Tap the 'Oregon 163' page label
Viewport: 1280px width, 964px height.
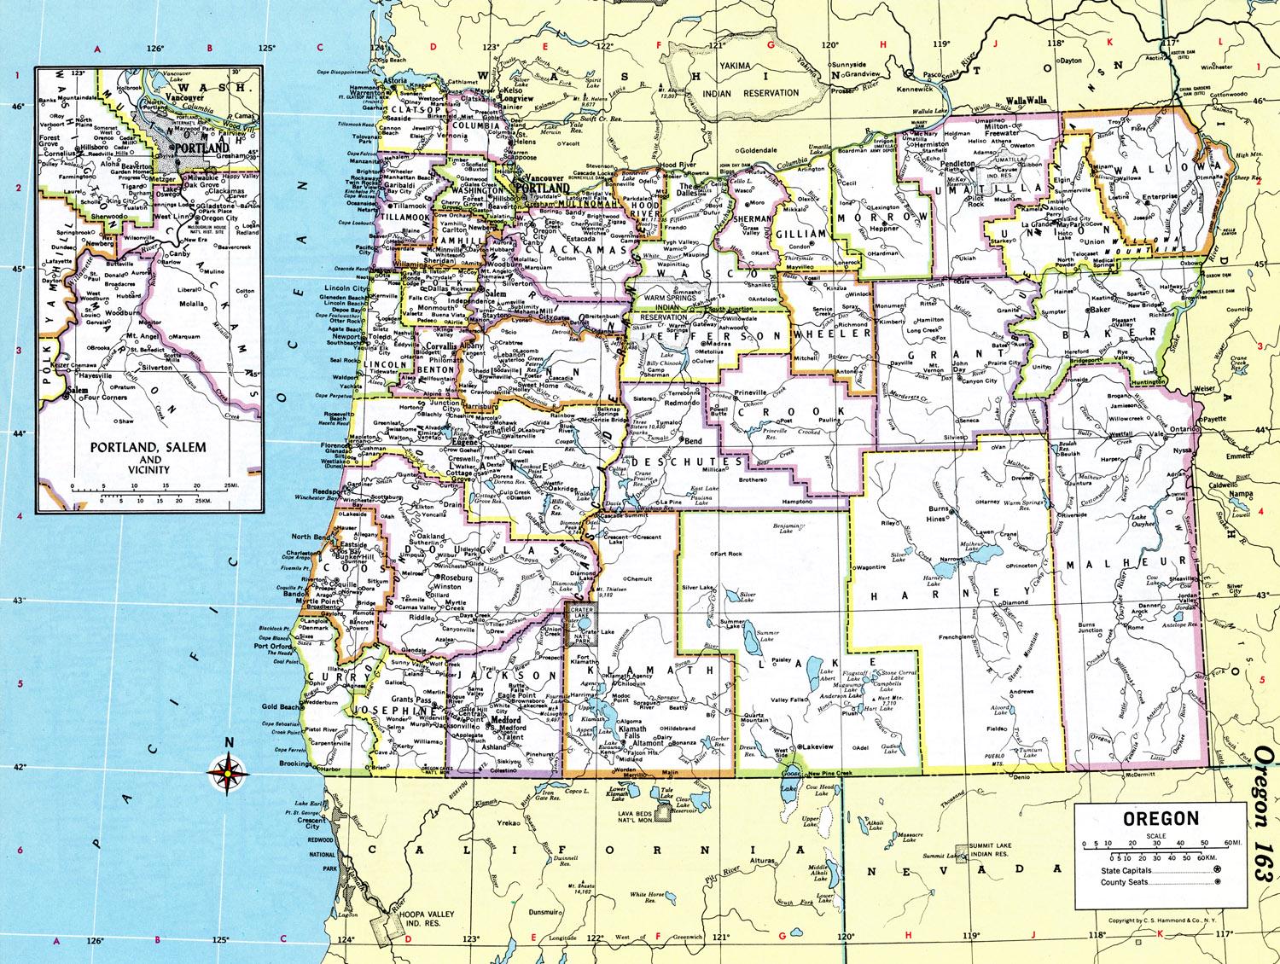point(1265,805)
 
